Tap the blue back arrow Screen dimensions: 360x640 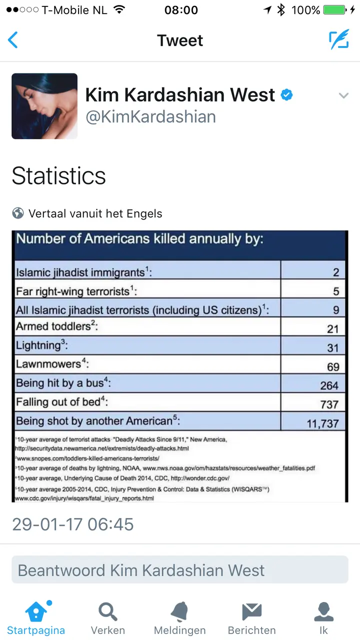point(13,40)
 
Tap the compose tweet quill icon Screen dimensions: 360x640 point(339,39)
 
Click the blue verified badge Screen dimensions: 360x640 point(286,95)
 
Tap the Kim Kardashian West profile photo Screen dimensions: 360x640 point(44,106)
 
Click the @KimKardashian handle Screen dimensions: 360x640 point(151,117)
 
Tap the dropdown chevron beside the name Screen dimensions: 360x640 point(343,95)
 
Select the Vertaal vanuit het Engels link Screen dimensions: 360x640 point(95,213)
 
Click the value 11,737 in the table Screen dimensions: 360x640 point(323,423)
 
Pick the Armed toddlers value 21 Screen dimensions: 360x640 point(333,329)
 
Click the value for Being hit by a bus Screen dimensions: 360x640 point(329,385)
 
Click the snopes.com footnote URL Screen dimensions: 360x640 point(87,458)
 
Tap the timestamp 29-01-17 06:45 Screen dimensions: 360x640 point(73,524)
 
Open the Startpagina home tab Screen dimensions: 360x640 point(36,617)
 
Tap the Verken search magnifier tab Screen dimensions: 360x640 point(108,617)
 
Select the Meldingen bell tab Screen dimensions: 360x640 point(179,617)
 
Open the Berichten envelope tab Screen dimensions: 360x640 point(251,617)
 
